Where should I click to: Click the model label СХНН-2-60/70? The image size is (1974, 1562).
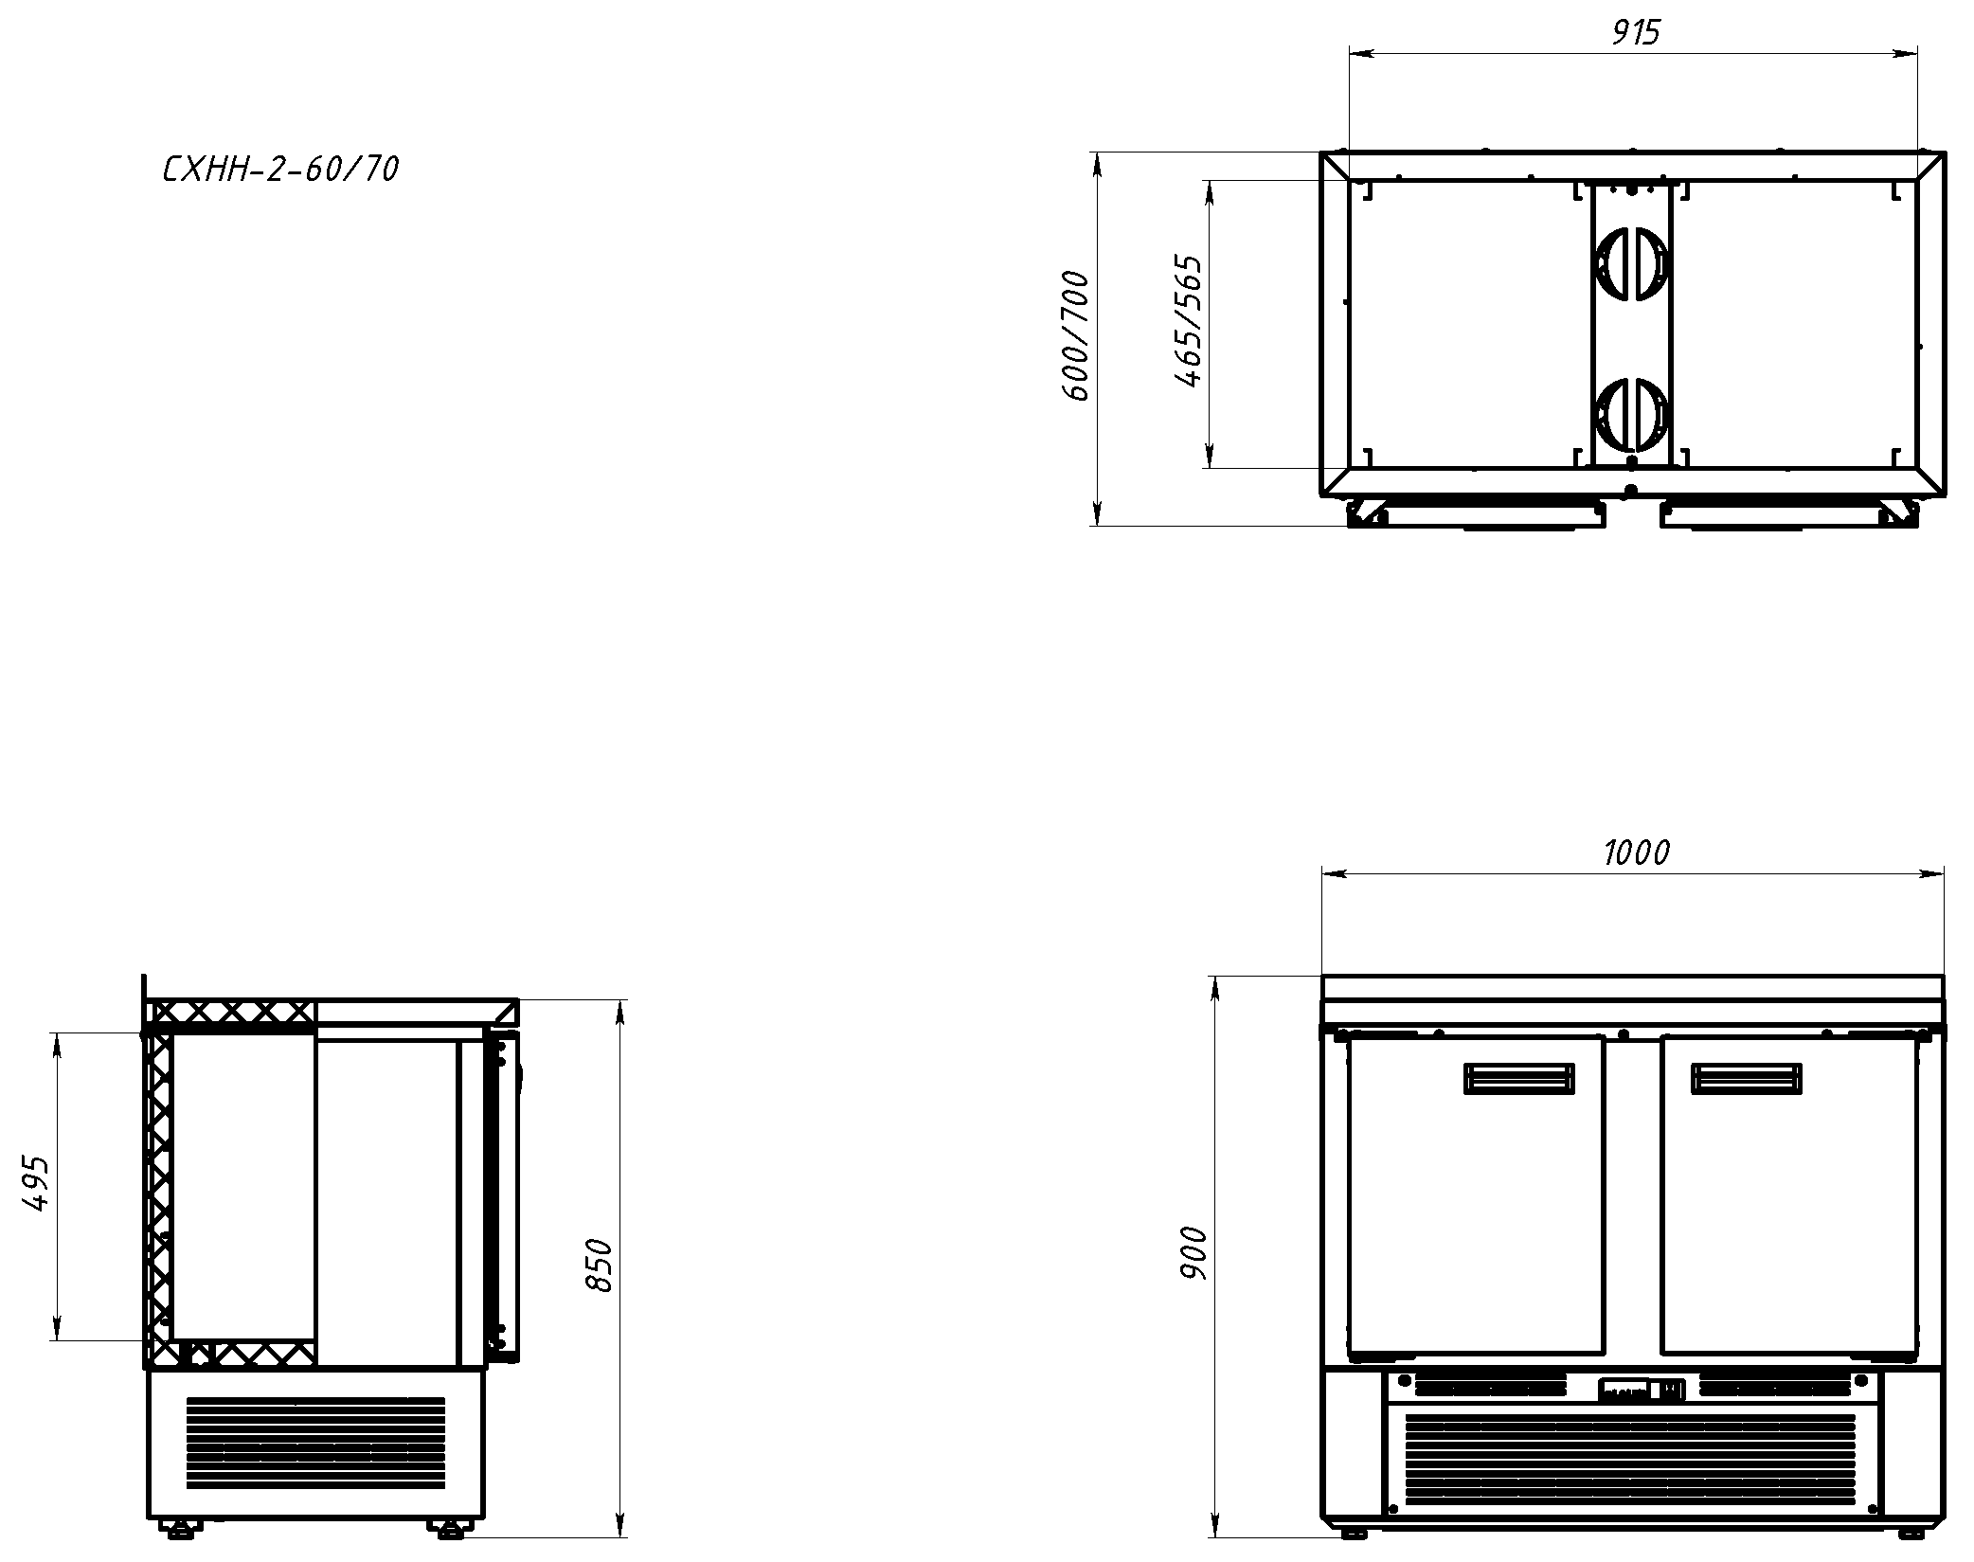tap(281, 170)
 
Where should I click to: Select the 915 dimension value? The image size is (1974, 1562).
tap(1636, 33)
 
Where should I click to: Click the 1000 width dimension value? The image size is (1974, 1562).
tap(1636, 853)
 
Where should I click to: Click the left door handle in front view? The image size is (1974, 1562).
tap(1519, 1079)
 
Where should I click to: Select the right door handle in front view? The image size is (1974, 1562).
tap(1747, 1079)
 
